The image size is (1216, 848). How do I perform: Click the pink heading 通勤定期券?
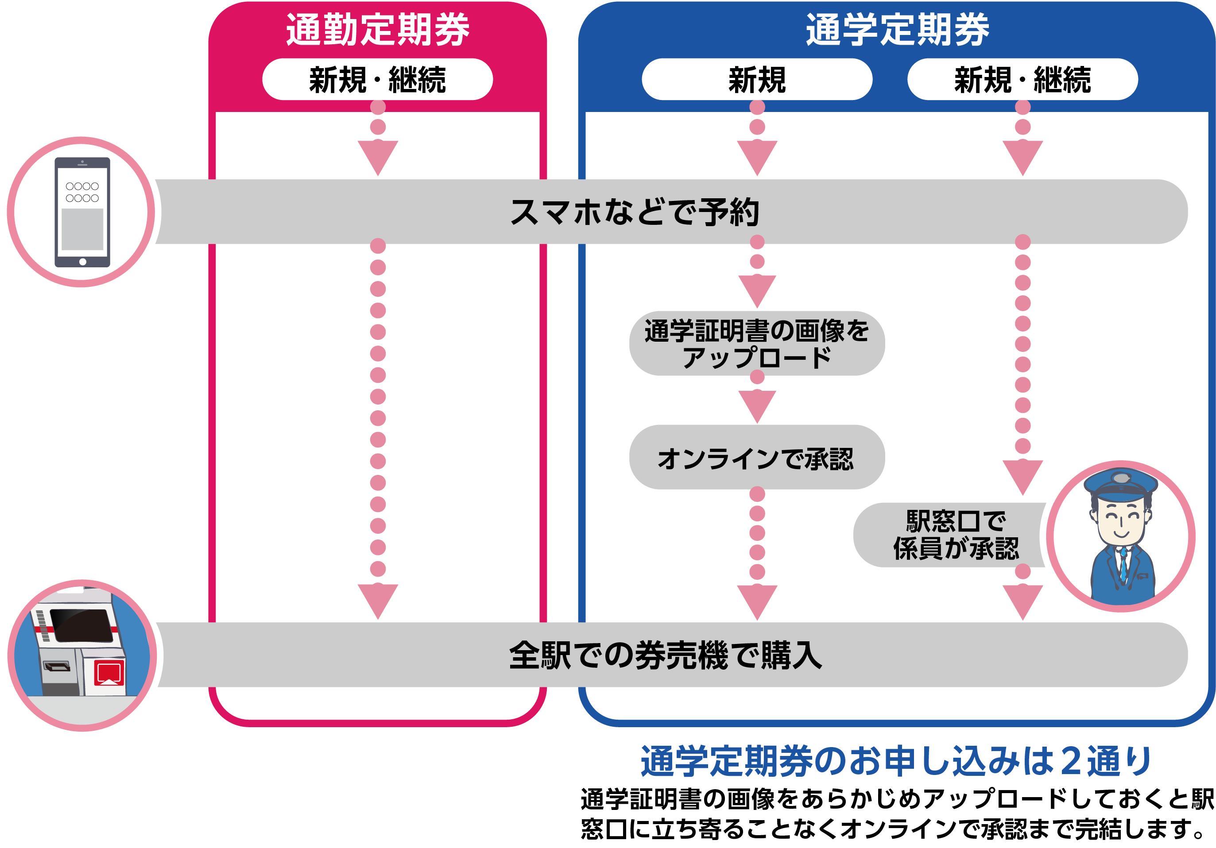[x=378, y=30]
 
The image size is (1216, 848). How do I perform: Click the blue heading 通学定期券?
[x=897, y=30]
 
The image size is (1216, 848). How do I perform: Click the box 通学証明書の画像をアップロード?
[x=757, y=343]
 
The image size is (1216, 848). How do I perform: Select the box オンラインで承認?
[x=757, y=458]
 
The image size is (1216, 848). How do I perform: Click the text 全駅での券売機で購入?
[x=665, y=655]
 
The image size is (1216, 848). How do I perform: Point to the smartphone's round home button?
[x=83, y=262]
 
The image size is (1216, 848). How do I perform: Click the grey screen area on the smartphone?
[x=83, y=229]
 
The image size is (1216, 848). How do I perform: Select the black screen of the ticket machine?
[x=82, y=624]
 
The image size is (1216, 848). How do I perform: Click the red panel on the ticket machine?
[x=109, y=672]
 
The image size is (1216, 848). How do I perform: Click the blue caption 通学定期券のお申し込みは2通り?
[x=897, y=761]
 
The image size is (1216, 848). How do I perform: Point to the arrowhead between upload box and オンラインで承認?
[x=757, y=405]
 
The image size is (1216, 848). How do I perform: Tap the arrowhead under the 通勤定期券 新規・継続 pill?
[x=378, y=156]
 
